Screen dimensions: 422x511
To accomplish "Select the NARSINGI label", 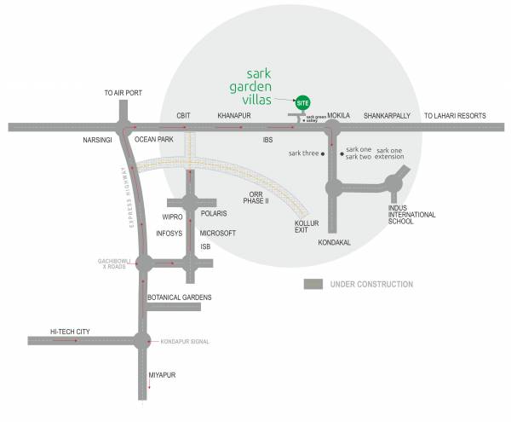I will pyautogui.click(x=98, y=139).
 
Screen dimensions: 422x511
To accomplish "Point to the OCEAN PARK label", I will pyautogui.click(x=154, y=139).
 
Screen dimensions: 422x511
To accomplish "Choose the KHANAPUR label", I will pyautogui.click(x=233, y=115).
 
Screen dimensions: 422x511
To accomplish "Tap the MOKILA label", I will pyautogui.click(x=339, y=114).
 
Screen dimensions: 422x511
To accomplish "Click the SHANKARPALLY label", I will pyautogui.click(x=388, y=115).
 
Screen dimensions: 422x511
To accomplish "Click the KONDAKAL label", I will pyautogui.click(x=334, y=243).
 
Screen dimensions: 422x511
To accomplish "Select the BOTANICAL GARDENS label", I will pyautogui.click(x=179, y=298).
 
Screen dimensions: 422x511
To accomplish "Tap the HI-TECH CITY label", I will pyautogui.click(x=70, y=330).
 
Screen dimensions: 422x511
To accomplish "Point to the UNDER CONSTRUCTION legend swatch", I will pyautogui.click(x=314, y=284).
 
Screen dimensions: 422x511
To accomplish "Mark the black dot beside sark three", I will pyautogui.click(x=322, y=154).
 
